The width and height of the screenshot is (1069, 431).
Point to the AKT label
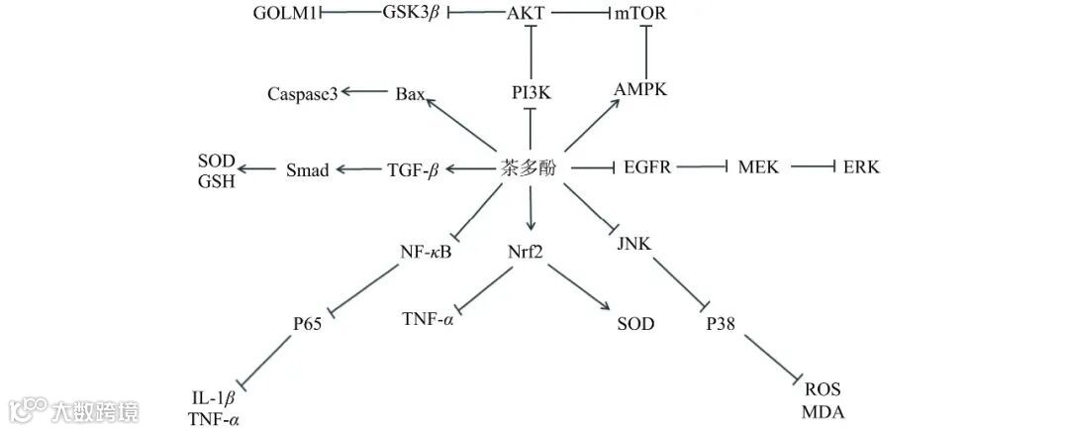coord(527,13)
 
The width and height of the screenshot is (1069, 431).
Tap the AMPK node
coord(640,89)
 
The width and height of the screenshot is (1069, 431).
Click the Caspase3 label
coord(303,94)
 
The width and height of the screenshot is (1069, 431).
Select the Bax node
coord(410,94)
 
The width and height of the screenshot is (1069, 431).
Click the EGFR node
coord(647,167)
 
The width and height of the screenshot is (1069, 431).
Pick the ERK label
coord(861,167)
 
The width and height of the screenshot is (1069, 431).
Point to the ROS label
coord(823,389)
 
